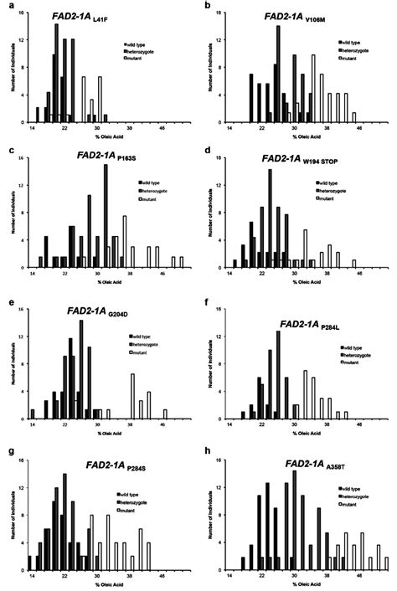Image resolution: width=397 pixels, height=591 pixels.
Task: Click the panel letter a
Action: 8,6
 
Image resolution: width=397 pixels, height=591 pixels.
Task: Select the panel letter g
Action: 8,453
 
